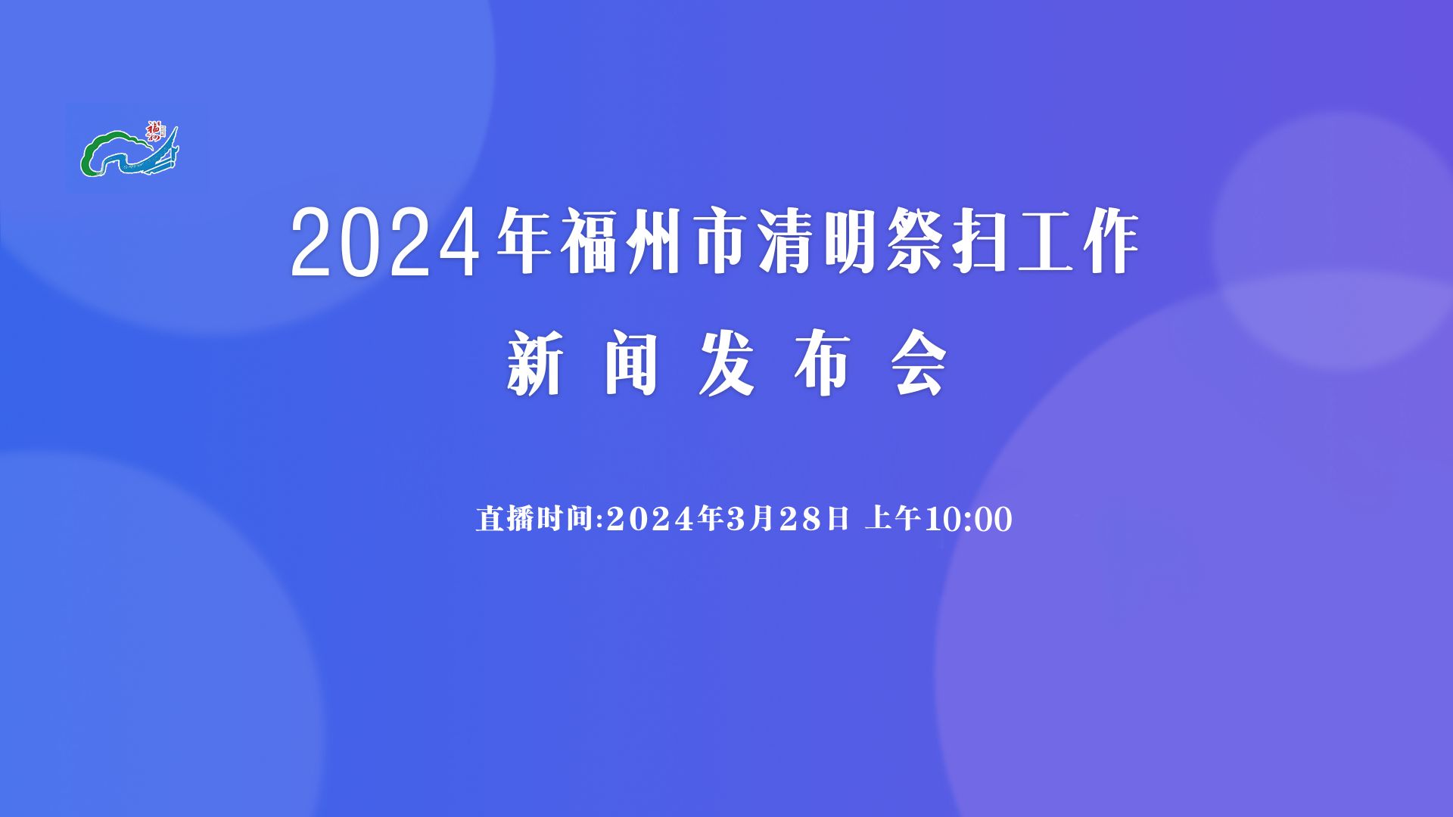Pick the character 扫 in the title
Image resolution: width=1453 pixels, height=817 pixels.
pos(982,242)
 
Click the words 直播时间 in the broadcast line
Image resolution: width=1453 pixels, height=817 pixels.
pos(534,519)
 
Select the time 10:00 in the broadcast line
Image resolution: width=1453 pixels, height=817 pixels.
pos(969,520)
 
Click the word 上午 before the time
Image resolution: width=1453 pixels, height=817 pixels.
pos(893,519)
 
